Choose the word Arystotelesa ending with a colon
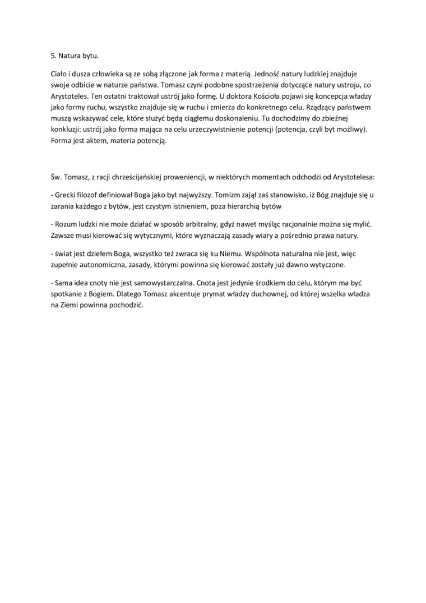(352, 177)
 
